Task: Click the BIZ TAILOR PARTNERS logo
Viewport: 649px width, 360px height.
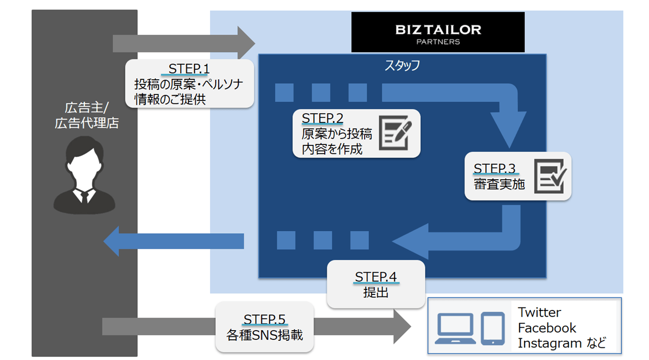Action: click(x=438, y=32)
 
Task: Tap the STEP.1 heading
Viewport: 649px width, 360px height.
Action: click(x=188, y=68)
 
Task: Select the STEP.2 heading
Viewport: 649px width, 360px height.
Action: click(x=323, y=119)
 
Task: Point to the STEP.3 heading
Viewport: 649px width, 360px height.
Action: click(x=494, y=169)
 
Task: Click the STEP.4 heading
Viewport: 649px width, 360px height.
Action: click(x=376, y=277)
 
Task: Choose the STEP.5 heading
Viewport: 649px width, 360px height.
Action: click(x=265, y=319)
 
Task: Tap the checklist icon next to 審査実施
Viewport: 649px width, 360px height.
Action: click(x=550, y=176)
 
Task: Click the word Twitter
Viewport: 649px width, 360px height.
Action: click(x=539, y=313)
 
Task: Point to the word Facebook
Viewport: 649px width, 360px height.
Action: click(x=547, y=328)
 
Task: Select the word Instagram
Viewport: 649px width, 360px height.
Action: click(x=550, y=344)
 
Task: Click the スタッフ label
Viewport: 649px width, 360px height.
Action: click(x=402, y=65)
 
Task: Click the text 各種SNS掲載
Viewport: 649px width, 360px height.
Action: click(x=265, y=334)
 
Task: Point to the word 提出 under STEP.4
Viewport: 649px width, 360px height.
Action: click(x=376, y=292)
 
